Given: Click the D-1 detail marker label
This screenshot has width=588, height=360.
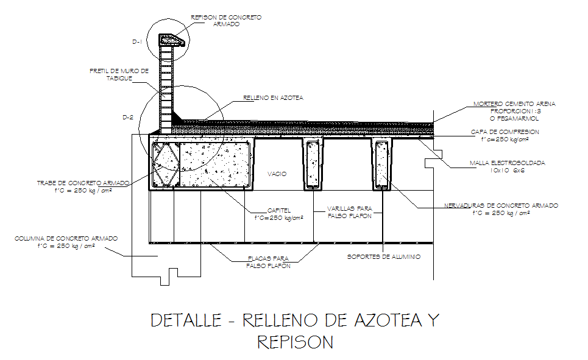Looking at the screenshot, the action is [x=137, y=42].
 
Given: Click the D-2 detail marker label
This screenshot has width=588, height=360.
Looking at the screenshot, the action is [x=128, y=118].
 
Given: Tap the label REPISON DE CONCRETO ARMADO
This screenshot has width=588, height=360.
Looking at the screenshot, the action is [x=226, y=21].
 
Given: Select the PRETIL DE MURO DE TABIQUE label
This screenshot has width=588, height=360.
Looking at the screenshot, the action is [x=119, y=74].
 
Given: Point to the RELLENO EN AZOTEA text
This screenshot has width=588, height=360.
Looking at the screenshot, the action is [x=273, y=98].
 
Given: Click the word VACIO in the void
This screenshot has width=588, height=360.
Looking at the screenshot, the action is [x=277, y=174].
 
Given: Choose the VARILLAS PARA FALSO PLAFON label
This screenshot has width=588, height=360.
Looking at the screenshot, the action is [x=350, y=212].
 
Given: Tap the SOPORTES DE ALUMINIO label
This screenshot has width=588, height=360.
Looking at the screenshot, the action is [x=384, y=257].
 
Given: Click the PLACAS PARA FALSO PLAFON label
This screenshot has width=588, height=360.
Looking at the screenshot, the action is [x=268, y=262].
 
